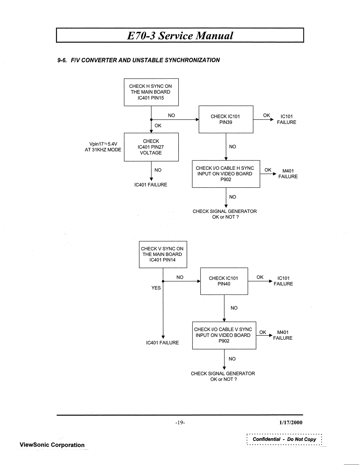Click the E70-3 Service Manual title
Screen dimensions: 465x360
pyautogui.click(x=180, y=35)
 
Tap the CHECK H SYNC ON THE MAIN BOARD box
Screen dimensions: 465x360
pyautogui.click(x=151, y=92)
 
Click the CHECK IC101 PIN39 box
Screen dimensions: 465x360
pyautogui.click(x=226, y=119)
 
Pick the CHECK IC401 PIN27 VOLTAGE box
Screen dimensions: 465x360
pyautogui.click(x=151, y=147)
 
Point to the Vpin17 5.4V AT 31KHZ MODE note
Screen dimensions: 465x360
pyautogui.click(x=103, y=147)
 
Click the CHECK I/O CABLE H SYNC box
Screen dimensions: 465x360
pyautogui.click(x=226, y=174)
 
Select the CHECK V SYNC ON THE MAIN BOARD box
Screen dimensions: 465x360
pyautogui.click(x=163, y=254)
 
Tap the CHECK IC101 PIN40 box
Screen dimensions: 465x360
pyautogui.click(x=224, y=281)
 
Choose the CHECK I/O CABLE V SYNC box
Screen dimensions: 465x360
pyautogui.click(x=224, y=335)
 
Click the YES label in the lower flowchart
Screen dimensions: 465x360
pyautogui.click(x=156, y=288)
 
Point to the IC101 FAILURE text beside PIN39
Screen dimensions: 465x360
pyautogui.click(x=286, y=119)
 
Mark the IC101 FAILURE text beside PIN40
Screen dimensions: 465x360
pyautogui.click(x=283, y=281)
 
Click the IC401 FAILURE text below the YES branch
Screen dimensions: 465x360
pyautogui.click(x=162, y=343)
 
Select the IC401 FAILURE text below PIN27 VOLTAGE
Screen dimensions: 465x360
pyautogui.click(x=151, y=185)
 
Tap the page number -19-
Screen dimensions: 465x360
pyautogui.click(x=180, y=423)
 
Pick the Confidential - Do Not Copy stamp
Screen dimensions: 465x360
pyautogui.click(x=284, y=439)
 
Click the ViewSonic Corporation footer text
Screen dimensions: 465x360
pyautogui.click(x=52, y=445)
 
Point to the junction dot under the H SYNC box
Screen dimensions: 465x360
pyautogui.click(x=151, y=119)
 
